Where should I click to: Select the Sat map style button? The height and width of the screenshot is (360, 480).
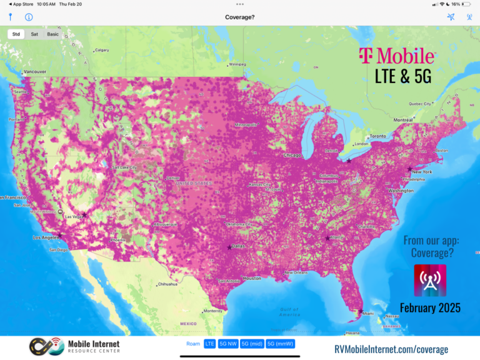(34, 34)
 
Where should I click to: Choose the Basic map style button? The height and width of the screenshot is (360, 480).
(53, 34)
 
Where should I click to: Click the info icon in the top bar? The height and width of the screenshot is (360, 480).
(29, 17)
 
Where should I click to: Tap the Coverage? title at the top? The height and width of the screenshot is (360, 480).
(240, 17)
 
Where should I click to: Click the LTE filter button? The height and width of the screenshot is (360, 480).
(209, 344)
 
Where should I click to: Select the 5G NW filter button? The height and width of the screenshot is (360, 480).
(229, 344)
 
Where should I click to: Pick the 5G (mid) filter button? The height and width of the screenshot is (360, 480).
(252, 344)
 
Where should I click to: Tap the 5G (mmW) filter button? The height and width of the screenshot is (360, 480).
(280, 344)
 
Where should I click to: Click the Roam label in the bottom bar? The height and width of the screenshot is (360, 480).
(193, 344)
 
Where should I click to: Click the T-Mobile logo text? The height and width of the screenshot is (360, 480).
(396, 56)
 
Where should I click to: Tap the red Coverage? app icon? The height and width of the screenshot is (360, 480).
(430, 280)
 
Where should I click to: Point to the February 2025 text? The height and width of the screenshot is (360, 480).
(430, 307)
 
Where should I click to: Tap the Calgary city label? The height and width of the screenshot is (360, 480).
(102, 50)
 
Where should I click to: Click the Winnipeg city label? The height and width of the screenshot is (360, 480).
(237, 64)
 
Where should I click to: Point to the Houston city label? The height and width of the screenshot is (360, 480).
(252, 277)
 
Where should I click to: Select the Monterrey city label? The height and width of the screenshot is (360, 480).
(213, 311)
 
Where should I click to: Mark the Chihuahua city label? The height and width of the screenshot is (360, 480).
(167, 284)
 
